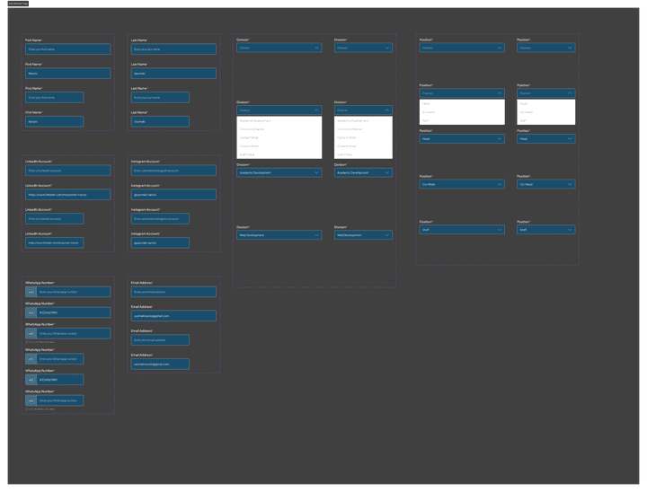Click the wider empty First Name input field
click(67, 49)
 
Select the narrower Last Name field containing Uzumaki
click(159, 121)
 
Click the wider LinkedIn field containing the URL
click(67, 194)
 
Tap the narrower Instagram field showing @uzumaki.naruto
click(159, 242)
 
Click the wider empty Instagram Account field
click(173, 170)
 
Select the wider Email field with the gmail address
click(173, 316)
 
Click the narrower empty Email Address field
click(159, 340)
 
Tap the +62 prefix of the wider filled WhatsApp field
click(31, 312)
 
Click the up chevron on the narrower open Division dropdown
click(387, 110)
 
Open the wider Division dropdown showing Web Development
click(279, 235)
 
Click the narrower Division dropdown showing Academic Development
click(363, 172)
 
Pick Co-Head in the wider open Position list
click(461, 111)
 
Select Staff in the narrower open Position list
click(545, 120)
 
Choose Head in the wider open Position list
click(461, 103)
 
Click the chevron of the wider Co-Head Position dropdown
click(499, 184)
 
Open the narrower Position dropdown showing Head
click(545, 138)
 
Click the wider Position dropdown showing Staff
click(461, 230)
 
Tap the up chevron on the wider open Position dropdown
click(499, 92)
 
